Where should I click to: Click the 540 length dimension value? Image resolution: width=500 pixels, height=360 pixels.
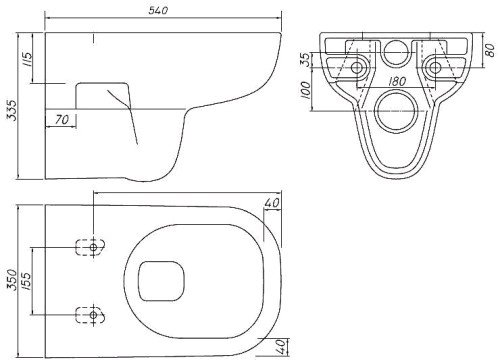(158, 11)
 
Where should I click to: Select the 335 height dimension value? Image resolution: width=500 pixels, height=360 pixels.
(11, 110)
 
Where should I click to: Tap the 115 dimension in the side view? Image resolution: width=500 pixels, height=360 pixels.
(27, 59)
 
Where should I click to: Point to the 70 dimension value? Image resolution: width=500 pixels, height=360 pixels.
(62, 119)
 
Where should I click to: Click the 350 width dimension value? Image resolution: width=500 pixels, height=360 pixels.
(11, 280)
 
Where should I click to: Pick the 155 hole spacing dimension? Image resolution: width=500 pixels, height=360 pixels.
(26, 282)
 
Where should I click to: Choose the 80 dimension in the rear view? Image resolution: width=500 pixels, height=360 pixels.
(490, 50)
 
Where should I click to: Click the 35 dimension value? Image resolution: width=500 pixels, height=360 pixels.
(306, 60)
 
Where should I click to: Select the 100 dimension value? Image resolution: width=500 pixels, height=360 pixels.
(306, 90)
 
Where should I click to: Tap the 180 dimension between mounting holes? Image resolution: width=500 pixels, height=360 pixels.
(397, 81)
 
